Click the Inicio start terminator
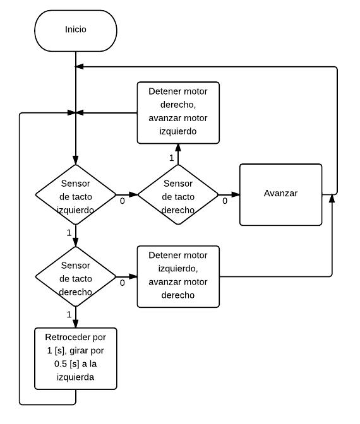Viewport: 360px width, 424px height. pyautogui.click(x=76, y=30)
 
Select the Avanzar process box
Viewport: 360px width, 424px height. pyautogui.click(x=280, y=194)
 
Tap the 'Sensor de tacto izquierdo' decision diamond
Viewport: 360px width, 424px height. pyautogui.click(x=76, y=195)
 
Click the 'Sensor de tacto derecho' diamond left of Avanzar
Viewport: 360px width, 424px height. pyautogui.click(x=178, y=195)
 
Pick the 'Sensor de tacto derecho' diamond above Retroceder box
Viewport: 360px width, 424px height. pyautogui.click(x=76, y=276)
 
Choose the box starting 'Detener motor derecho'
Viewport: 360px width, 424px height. pyautogui.click(x=178, y=112)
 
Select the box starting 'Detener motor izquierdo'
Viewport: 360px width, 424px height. pyautogui.click(x=178, y=276)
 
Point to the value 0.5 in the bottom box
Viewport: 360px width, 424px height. pyautogui.click(x=61, y=363)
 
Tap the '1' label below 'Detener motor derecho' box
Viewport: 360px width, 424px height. pyautogui.click(x=171, y=158)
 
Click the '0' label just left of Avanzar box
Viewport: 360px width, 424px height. pyautogui.click(x=225, y=201)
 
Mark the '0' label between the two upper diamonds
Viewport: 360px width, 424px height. pyautogui.click(x=123, y=201)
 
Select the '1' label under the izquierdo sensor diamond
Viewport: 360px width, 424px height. pyautogui.click(x=69, y=233)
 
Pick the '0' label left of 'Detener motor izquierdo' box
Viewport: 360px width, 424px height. pyautogui.click(x=123, y=283)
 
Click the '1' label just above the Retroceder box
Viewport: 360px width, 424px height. pyautogui.click(x=69, y=314)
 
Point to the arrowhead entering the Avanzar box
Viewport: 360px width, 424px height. pyautogui.click(x=236, y=194)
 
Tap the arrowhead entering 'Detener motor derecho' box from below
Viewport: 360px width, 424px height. pyautogui.click(x=178, y=148)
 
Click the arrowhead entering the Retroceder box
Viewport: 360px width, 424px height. pyautogui.click(x=76, y=324)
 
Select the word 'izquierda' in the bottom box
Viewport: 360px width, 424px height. pyautogui.click(x=76, y=377)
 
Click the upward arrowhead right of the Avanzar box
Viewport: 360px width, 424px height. pyautogui.click(x=332, y=198)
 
